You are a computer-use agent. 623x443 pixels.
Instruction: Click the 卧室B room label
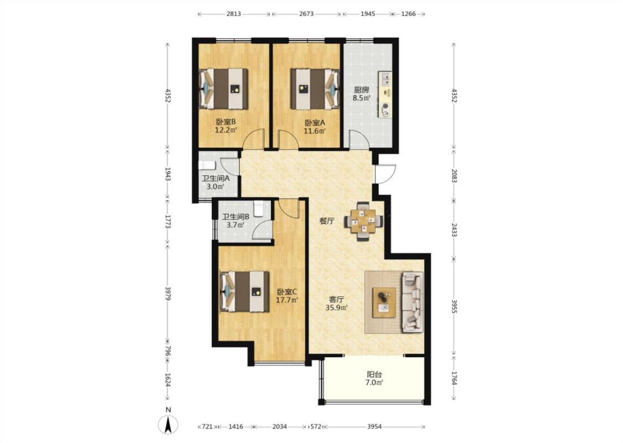click(x=226, y=122)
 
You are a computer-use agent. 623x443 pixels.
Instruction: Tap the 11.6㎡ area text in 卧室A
click(x=315, y=131)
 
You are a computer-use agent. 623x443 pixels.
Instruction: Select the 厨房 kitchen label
click(x=362, y=90)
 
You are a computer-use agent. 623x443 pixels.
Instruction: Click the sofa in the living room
click(x=413, y=302)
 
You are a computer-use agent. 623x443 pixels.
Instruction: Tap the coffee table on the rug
click(x=384, y=302)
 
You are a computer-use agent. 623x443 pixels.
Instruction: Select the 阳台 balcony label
click(x=374, y=374)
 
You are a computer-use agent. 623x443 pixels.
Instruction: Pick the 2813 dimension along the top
click(x=234, y=13)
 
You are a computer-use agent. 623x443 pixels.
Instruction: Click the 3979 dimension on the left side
click(x=168, y=293)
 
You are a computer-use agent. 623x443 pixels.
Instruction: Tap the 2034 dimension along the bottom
click(x=280, y=427)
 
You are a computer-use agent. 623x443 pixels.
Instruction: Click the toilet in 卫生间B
click(x=258, y=208)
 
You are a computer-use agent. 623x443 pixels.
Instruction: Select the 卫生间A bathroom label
click(x=216, y=178)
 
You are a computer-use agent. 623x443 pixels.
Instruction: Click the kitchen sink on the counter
click(x=385, y=79)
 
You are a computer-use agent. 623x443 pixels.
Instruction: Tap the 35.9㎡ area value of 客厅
click(x=337, y=307)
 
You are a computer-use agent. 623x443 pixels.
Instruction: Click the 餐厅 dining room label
click(x=327, y=221)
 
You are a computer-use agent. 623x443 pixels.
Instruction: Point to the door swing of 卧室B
click(x=254, y=139)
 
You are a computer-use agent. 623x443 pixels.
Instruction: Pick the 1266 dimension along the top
click(x=408, y=13)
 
